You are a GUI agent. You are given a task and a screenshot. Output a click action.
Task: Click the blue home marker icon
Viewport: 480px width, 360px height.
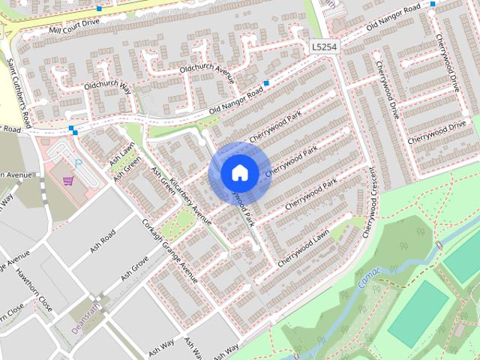(x=239, y=172)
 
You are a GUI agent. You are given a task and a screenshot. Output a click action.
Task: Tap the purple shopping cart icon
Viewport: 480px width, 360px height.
(x=68, y=181)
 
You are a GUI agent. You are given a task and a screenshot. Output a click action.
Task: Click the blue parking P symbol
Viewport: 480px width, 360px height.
(x=77, y=163)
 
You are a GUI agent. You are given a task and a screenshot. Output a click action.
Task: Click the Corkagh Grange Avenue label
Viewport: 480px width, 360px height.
(x=169, y=250)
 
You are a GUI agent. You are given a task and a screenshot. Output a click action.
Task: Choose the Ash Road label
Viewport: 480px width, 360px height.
(x=103, y=239)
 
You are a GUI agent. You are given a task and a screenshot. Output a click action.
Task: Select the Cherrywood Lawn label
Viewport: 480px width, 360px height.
(x=303, y=249)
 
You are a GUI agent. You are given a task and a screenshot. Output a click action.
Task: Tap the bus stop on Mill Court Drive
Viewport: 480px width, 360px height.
(x=100, y=9)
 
